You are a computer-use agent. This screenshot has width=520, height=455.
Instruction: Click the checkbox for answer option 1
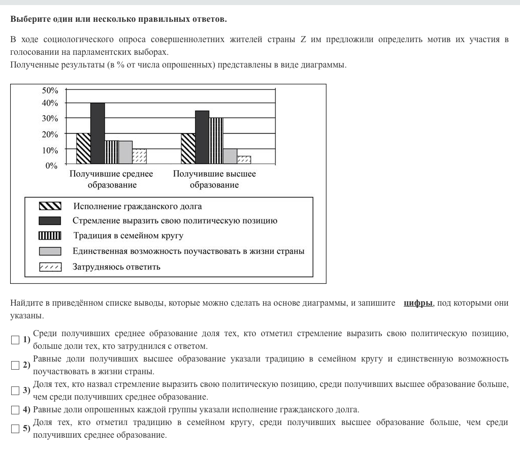click(15, 340)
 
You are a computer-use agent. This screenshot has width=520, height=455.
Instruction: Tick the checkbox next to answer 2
click(15, 365)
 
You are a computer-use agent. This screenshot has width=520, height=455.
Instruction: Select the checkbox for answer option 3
click(15, 391)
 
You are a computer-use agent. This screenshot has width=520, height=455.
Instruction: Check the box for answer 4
click(15, 410)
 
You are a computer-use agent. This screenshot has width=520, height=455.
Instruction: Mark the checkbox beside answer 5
click(15, 429)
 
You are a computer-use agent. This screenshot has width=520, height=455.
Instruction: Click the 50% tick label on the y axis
click(50, 90)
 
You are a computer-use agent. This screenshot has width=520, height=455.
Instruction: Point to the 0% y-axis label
click(52, 166)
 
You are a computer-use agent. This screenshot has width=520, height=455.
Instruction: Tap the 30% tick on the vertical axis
click(50, 118)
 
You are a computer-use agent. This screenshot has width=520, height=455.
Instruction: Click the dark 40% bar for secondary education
click(97, 133)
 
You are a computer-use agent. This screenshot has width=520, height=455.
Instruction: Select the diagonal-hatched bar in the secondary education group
click(83, 148)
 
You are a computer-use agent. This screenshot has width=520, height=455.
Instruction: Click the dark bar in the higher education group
click(202, 137)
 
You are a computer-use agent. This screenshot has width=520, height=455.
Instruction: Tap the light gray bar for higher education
click(230, 156)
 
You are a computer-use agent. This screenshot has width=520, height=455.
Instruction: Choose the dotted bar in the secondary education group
click(139, 156)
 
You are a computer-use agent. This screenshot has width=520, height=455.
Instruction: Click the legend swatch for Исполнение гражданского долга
click(50, 206)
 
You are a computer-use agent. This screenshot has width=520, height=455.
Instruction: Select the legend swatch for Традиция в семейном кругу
click(50, 236)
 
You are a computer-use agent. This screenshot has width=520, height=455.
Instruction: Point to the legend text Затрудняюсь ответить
click(116, 267)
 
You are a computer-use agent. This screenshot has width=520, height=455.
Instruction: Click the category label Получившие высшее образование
click(214, 179)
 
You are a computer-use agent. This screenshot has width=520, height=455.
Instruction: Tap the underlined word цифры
click(418, 303)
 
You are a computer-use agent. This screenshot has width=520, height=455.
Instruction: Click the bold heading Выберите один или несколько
click(118, 19)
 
